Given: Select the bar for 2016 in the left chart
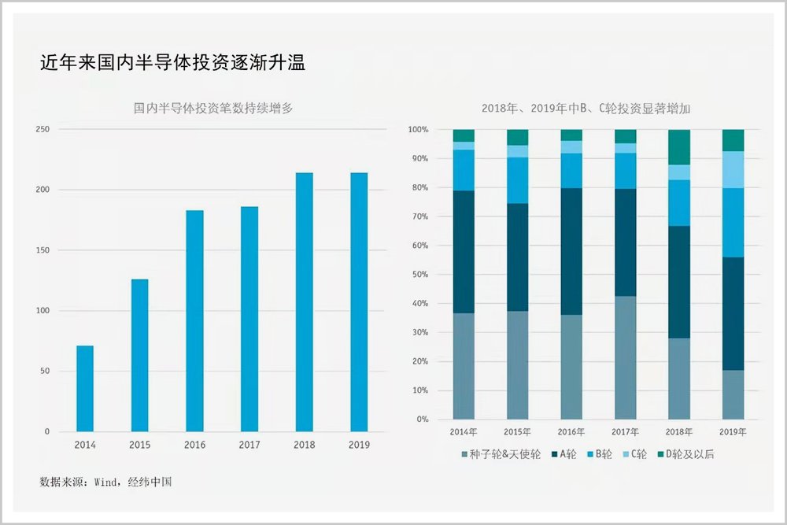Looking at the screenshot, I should coord(194,321).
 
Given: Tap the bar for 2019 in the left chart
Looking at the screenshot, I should coord(359,302).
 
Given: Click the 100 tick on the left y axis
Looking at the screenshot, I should coord(42,311).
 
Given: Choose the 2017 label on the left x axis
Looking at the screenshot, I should coord(249,446).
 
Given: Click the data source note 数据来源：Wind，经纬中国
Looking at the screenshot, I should coord(105,481).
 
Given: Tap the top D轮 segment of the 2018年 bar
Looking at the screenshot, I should coord(678,147).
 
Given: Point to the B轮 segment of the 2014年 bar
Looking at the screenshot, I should coord(464,170).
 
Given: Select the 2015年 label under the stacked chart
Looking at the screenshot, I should coord(517,432).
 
